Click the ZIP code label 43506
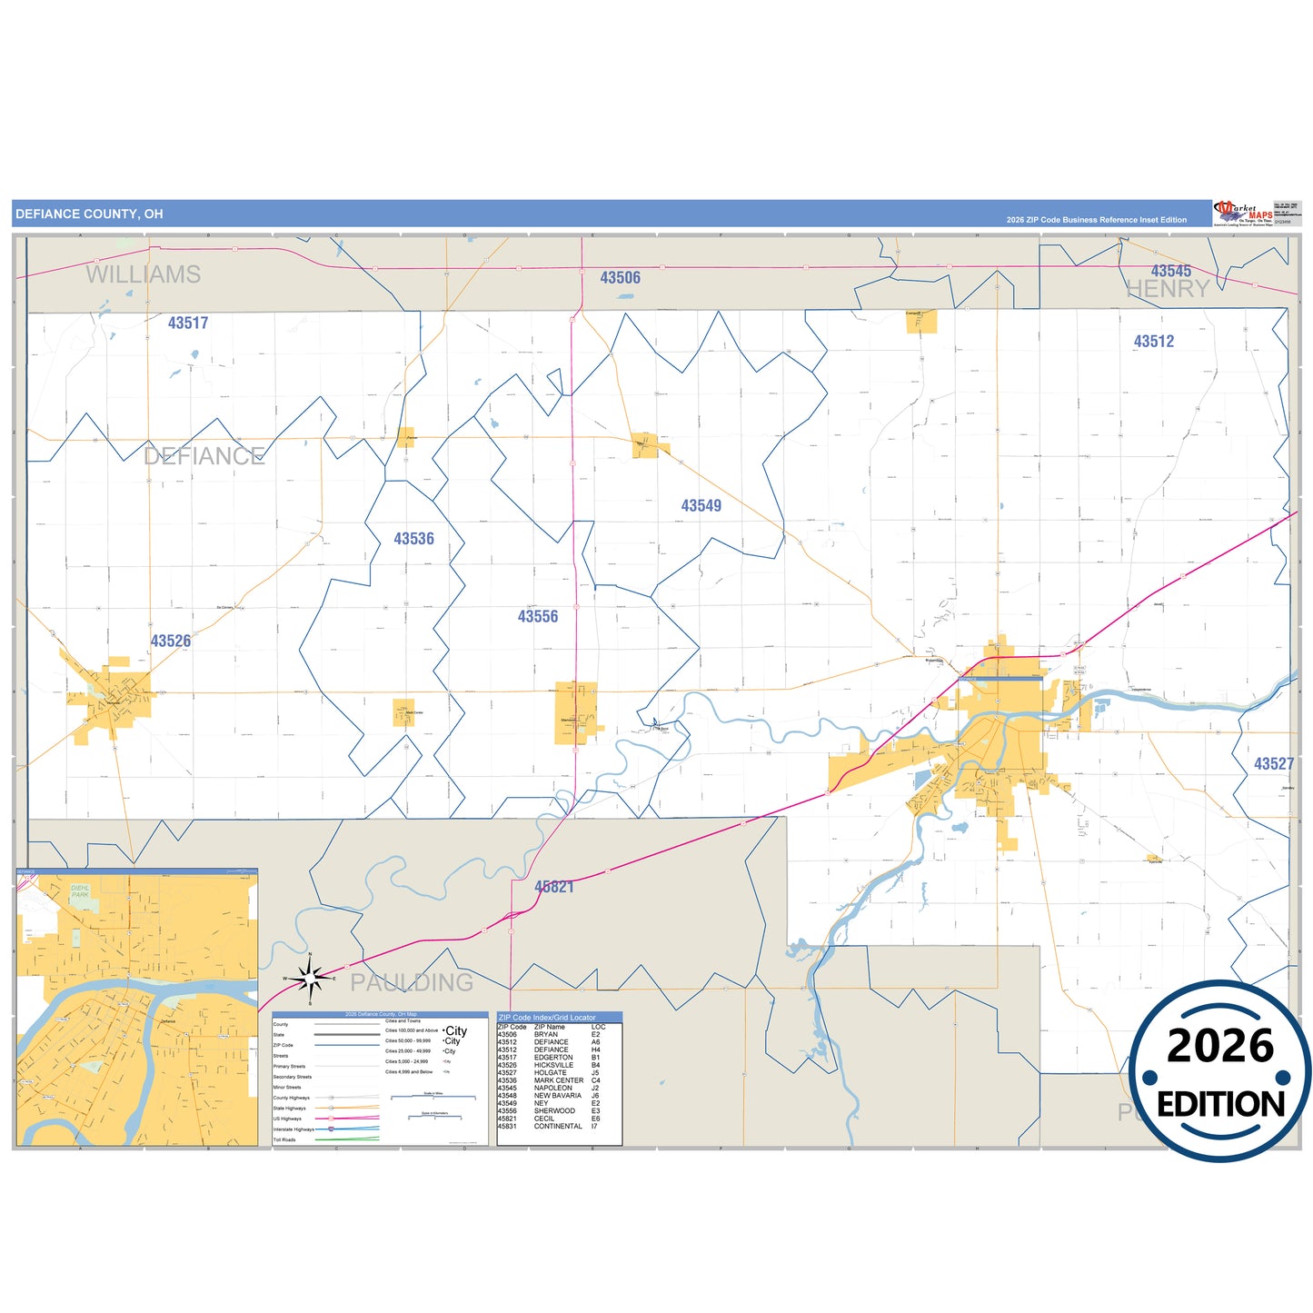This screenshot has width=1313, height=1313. [x=620, y=278]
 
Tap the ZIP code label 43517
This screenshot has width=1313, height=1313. [x=188, y=323]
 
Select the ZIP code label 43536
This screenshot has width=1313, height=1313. [x=413, y=539]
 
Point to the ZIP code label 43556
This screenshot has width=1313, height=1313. [x=538, y=617]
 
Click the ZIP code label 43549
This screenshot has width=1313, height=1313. [x=701, y=506]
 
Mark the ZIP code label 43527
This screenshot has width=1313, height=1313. [x=1273, y=764]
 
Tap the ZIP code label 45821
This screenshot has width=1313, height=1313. [x=554, y=887]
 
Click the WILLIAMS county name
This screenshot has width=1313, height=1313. [x=144, y=274]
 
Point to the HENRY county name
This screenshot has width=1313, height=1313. [x=1168, y=289]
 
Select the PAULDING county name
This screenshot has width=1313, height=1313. [x=412, y=982]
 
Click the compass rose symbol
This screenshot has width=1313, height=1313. [x=310, y=979]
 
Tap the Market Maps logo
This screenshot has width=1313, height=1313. [x=1243, y=214]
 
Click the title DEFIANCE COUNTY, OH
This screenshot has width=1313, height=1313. [x=89, y=214]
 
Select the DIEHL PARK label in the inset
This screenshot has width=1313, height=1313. [x=80, y=890]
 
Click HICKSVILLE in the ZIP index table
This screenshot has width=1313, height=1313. [x=553, y=1065]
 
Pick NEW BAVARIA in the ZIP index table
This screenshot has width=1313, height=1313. [x=557, y=1096]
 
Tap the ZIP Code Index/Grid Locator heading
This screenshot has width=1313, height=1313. [x=547, y=1018]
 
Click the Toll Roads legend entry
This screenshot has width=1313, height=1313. [x=284, y=1139]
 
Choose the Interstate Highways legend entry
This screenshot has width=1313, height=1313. [x=293, y=1129]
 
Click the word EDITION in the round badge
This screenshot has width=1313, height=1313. [x=1220, y=1105]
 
